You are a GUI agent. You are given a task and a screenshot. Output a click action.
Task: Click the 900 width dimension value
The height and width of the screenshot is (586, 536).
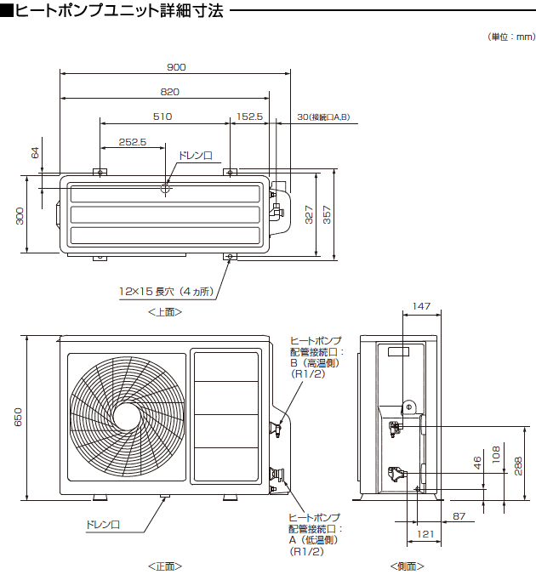(176, 67)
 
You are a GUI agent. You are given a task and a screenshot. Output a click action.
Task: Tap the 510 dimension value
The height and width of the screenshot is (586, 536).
(163, 117)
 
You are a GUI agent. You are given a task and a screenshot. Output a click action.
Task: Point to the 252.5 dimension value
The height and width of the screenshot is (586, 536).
(134, 142)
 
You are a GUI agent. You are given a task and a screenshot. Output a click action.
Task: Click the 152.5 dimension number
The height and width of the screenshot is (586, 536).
(250, 117)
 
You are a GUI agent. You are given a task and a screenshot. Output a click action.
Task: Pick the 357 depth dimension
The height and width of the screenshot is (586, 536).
(328, 214)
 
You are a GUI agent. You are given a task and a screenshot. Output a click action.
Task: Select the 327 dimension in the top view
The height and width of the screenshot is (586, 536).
(310, 214)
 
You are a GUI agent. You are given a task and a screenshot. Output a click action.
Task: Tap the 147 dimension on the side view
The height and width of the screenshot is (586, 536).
(421, 305)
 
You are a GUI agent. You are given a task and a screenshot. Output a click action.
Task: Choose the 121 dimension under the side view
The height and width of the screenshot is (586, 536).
(426, 535)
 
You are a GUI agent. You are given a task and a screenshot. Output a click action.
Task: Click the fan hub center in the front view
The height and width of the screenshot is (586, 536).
(125, 416)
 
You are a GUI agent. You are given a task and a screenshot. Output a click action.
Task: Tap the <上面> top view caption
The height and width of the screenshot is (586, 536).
(164, 312)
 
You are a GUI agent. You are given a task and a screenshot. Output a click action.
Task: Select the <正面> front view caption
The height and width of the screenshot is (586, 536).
(164, 566)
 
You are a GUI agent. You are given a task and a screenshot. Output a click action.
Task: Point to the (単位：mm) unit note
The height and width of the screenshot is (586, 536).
(511, 37)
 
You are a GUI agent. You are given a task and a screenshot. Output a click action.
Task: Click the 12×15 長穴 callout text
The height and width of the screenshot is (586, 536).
(166, 291)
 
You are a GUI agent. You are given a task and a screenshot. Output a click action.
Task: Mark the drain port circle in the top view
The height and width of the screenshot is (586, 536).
(166, 190)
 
